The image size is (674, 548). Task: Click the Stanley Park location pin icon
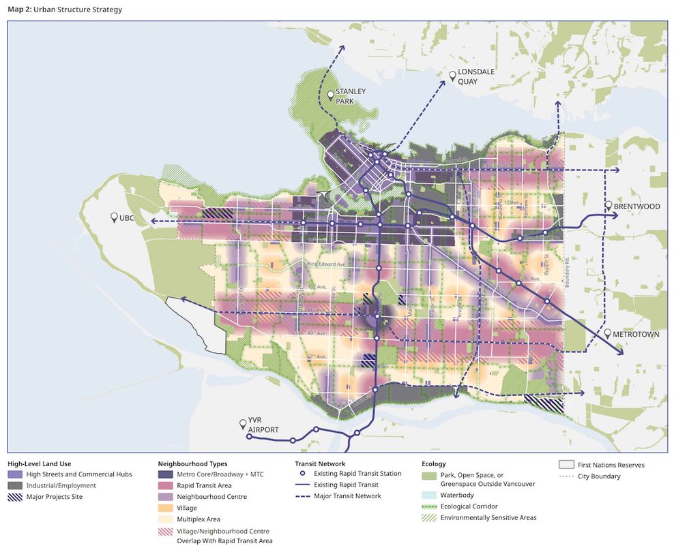click(331, 95)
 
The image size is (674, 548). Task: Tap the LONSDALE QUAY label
click(477, 77)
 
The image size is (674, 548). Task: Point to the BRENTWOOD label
click(636, 207)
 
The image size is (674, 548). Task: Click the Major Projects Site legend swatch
click(15, 497)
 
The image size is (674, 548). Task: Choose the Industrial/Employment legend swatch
click(15, 485)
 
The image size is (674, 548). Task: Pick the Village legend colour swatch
click(165, 508)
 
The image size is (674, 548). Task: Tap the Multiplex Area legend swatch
click(165, 519)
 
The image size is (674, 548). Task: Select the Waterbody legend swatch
click(429, 495)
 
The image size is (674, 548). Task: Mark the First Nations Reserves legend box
click(566, 465)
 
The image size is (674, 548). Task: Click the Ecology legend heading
click(434, 463)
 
